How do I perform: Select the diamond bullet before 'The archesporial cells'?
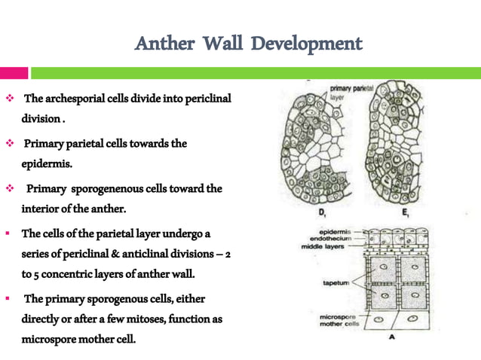click(x=9, y=99)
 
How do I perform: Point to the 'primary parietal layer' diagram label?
click(x=349, y=92)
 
